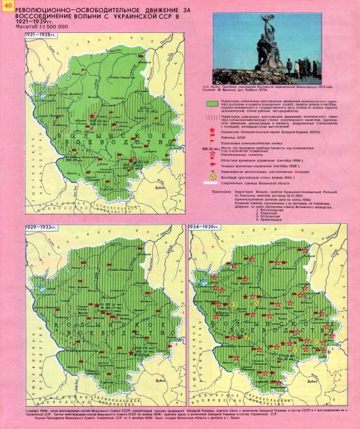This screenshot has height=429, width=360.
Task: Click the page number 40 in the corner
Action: pos(7,7)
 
